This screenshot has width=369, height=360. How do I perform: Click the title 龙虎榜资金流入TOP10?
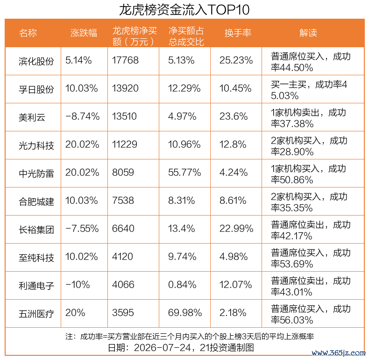coord(184,10)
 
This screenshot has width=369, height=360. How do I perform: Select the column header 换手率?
coord(238,33)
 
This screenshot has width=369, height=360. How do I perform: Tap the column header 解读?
coord(308,33)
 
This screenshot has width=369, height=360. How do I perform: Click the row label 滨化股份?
coord(36,61)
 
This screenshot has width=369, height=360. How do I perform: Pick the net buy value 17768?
coord(125,60)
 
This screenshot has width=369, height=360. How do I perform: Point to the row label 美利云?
coord(32,117)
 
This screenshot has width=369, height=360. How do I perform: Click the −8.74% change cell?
coord(82,116)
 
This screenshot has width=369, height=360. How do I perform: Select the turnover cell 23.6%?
coord(234,116)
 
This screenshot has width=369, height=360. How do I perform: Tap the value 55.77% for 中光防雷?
coord(184,173)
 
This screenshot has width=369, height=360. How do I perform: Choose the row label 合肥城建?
coord(36,202)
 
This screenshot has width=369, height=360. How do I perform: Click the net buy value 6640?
coord(123,229)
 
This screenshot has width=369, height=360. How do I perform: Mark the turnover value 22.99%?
coord(236,229)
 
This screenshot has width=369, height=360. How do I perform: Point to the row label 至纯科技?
coord(36,258)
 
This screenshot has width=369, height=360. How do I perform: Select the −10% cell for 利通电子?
coord(78,285)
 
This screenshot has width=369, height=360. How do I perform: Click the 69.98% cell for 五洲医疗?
coord(185,313)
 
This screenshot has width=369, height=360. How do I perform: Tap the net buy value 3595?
coord(123,313)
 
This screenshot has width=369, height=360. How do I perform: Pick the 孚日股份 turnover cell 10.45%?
coord(235,88)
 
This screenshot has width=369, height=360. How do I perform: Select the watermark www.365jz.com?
coord(339,353)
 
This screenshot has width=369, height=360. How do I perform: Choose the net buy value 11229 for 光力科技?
coord(125,144)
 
